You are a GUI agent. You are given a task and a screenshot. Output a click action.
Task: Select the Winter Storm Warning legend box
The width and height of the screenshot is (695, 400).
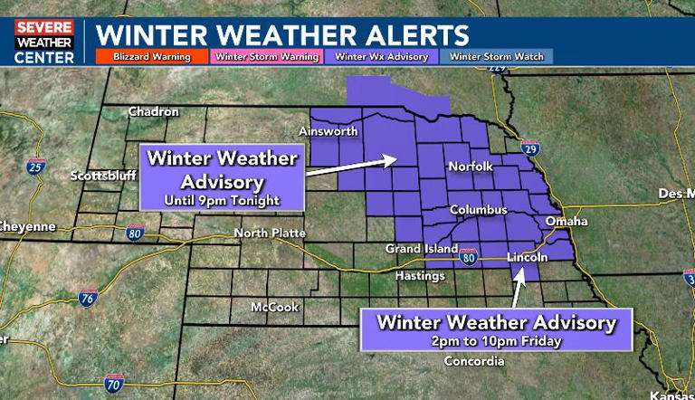click(266, 56)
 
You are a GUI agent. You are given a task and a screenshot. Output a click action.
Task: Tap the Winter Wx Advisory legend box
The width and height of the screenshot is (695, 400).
click(380, 56)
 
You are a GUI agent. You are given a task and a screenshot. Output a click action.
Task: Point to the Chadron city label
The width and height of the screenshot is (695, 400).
click(153, 112)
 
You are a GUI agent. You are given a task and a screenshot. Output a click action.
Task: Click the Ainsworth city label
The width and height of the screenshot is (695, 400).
click(328, 132)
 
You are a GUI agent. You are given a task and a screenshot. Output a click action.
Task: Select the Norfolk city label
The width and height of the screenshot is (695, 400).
click(470, 167)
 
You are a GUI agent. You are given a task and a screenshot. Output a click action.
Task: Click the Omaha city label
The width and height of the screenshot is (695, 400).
click(567, 221)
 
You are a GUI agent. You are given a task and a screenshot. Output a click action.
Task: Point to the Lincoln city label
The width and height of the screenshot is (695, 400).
click(527, 257)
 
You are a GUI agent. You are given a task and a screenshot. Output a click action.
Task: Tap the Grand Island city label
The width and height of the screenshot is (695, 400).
click(415, 249)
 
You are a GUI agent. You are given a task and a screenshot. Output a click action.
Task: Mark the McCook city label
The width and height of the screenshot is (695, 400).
click(275, 307)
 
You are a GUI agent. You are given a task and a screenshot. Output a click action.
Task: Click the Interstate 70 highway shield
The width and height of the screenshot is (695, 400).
click(114, 383)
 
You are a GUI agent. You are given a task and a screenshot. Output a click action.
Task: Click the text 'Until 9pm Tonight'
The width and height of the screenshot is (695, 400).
click(222, 199)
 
